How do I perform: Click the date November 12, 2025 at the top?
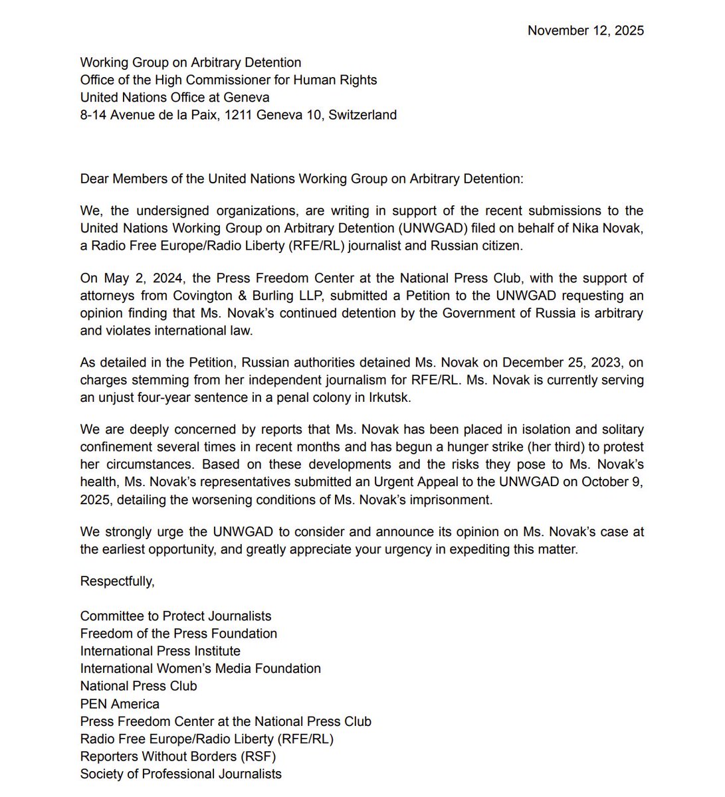tap(585, 31)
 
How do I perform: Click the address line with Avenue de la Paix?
tap(238, 115)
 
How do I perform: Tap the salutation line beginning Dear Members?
tap(301, 179)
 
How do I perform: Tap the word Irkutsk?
tap(391, 397)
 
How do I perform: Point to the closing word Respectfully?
tap(117, 581)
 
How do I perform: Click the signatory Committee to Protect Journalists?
tap(175, 616)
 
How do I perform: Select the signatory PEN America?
tap(120, 703)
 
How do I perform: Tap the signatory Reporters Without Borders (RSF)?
tap(177, 756)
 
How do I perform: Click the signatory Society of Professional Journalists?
tap(181, 774)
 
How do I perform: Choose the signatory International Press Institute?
tap(160, 651)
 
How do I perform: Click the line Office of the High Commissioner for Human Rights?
tap(228, 80)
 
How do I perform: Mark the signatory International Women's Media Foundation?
tap(200, 669)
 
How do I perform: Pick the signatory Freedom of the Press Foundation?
tap(178, 634)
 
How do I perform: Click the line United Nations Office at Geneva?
tap(174, 98)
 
